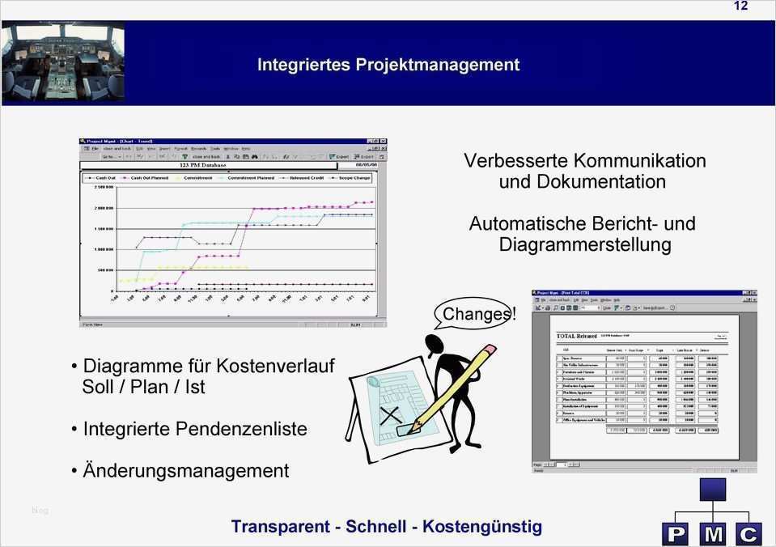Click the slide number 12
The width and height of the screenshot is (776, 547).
point(740,6)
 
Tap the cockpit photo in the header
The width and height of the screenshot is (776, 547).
point(63,62)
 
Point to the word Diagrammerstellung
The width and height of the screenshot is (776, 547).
point(585,244)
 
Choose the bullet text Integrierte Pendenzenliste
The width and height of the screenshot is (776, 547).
point(194,429)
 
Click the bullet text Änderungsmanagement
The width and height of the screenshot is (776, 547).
point(185,470)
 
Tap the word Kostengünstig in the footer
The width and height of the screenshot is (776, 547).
point(482,527)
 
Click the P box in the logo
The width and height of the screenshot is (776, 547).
point(675,534)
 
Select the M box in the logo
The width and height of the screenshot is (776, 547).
point(713,534)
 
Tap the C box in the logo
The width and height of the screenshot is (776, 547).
point(749,534)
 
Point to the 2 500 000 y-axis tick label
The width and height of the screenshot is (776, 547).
point(104,187)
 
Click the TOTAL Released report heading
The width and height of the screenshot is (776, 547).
point(576,336)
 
